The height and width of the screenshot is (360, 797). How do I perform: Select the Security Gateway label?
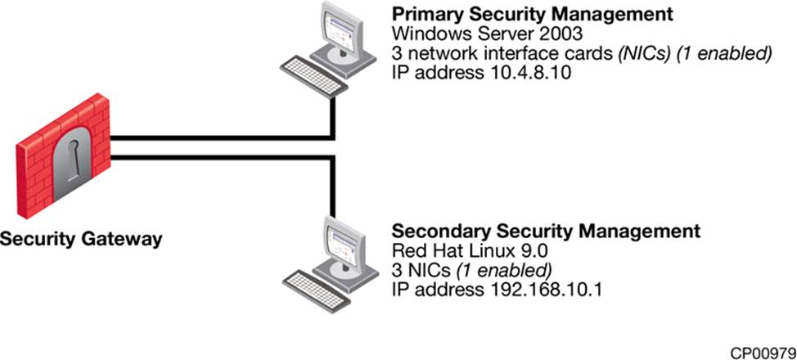point(81,241)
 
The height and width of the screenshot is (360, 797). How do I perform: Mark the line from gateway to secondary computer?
point(221,157)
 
